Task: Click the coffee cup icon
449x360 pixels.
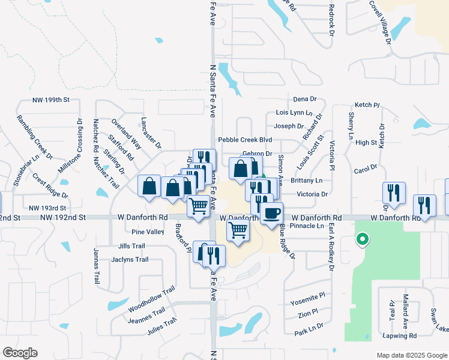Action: coord(271,212)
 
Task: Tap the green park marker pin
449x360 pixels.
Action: coord(361,240)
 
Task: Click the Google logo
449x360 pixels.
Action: coord(20,353)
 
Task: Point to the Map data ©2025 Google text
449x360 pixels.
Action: coord(411,355)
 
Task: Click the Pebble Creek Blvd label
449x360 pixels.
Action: coord(241,139)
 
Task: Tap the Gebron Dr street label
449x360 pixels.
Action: coord(257,154)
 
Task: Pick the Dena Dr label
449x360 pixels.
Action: coord(305,99)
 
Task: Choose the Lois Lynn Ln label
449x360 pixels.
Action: coord(294,112)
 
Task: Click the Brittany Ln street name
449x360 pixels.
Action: coord(306,181)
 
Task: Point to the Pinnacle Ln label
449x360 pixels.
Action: coord(306,226)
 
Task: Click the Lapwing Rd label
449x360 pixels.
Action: coord(399,336)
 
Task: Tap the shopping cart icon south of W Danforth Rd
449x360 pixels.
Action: coord(238,229)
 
